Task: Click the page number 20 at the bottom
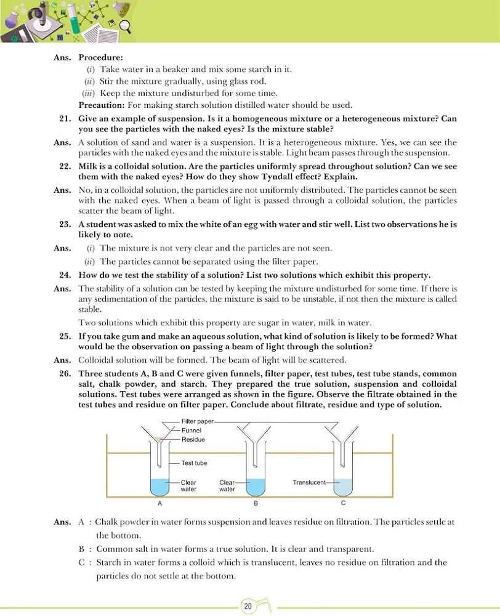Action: [248, 606]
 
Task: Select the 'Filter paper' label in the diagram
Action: [197, 421]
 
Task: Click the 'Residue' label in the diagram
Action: [193, 439]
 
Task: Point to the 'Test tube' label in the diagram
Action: [195, 463]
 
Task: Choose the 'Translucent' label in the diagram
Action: [308, 482]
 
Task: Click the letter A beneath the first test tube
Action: [159, 503]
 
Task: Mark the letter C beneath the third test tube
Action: [343, 503]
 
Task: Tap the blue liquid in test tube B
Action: [256, 487]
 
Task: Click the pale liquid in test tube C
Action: [343, 487]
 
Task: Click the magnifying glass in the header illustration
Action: [126, 25]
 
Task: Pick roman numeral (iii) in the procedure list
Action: [89, 93]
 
